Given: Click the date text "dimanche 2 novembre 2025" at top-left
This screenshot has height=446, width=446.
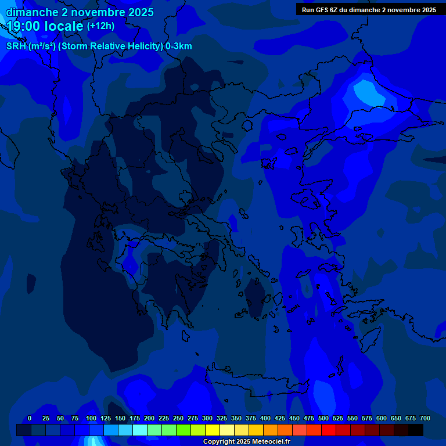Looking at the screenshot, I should tap(80, 12).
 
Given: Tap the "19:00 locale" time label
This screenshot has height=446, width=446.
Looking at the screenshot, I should tap(45, 26).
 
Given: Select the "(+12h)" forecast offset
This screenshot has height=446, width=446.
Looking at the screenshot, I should tap(100, 26).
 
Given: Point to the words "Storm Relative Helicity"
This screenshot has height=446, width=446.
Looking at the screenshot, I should tap(111, 46).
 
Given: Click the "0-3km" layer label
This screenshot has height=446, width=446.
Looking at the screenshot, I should tap(179, 46).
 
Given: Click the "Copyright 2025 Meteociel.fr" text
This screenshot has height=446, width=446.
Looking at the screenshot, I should tap(246, 441).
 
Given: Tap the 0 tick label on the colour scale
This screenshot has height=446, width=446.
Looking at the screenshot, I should tap(30, 418).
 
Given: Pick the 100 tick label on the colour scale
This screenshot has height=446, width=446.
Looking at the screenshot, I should tap(91, 418).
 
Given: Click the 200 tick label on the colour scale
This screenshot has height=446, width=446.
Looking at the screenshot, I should tap(149, 418).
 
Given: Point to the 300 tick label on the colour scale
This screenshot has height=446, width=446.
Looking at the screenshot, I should tap(207, 418).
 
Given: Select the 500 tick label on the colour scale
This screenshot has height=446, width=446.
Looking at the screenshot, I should tap(323, 418).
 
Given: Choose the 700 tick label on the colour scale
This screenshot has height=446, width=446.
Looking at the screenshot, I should tap(425, 418).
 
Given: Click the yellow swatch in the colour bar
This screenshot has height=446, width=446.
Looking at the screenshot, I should tap(213, 430).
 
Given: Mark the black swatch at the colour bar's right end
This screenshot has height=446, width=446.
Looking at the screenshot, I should tap(416, 430).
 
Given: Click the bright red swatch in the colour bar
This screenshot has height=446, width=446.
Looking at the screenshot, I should tap(329, 430).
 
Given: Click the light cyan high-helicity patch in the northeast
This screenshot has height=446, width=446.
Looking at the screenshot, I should tap(365, 91).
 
